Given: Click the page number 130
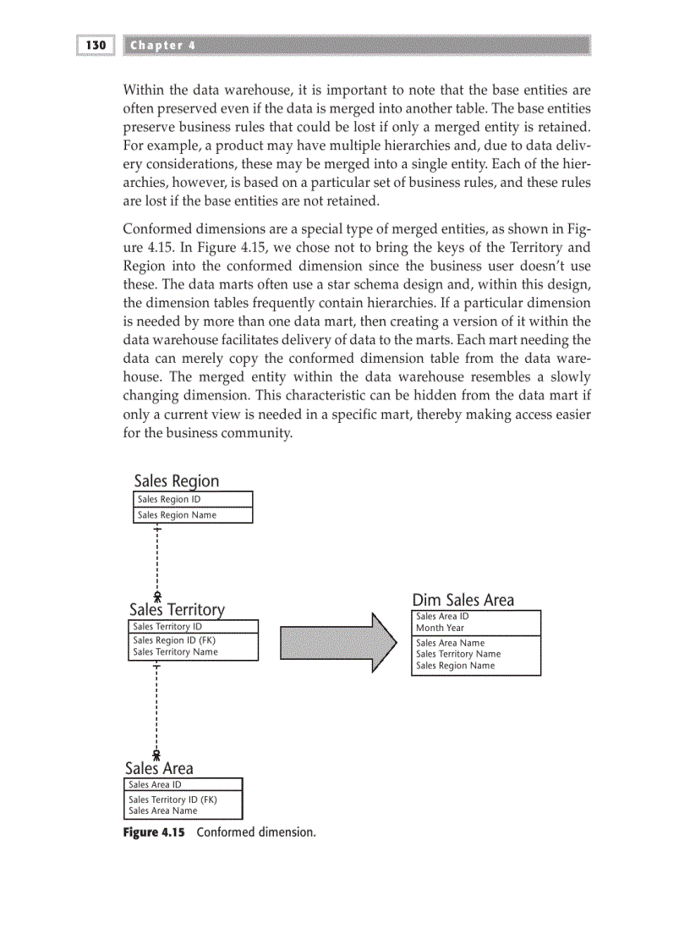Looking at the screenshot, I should pyautogui.click(x=96, y=45).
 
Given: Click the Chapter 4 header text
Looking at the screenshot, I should pyautogui.click(x=162, y=45).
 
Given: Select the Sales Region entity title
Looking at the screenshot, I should pyautogui.click(x=176, y=481).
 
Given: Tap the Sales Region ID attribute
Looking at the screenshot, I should pyautogui.click(x=168, y=499).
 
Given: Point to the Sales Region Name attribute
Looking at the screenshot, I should pyautogui.click(x=177, y=514).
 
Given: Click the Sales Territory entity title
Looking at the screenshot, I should pyautogui.click(x=177, y=610).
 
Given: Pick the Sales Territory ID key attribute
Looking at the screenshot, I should pyautogui.click(x=167, y=626).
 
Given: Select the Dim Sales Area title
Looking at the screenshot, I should pyautogui.click(x=463, y=600).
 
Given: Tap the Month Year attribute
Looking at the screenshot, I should pyautogui.click(x=440, y=628).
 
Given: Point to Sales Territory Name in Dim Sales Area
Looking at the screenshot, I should pyautogui.click(x=457, y=654).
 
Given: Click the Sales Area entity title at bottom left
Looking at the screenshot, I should pyautogui.click(x=158, y=768).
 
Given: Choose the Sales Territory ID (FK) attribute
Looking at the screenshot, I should pyautogui.click(x=172, y=799).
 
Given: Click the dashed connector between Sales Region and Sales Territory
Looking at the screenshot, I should pyautogui.click(x=157, y=558).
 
